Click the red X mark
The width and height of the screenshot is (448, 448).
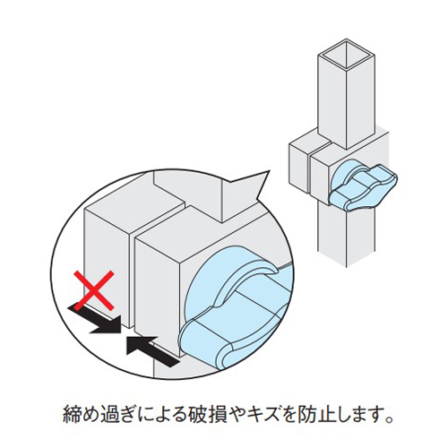[94, 290]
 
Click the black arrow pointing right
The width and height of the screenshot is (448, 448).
[96, 319]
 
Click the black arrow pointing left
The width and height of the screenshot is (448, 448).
[152, 351]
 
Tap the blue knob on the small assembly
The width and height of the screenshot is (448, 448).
[363, 185]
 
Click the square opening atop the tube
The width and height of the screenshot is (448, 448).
[347, 55]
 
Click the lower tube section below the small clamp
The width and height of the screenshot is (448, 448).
[347, 236]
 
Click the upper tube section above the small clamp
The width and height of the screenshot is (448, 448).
[347, 99]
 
